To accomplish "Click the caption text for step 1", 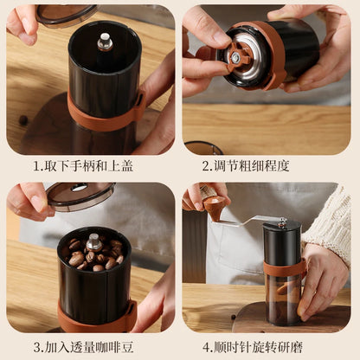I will click(x=89, y=165).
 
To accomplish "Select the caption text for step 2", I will click(x=270, y=165).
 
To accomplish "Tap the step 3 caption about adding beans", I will click(x=89, y=346).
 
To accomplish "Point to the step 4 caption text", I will click(x=270, y=346).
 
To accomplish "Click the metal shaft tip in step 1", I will click(x=105, y=40).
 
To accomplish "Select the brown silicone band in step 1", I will click(x=104, y=119).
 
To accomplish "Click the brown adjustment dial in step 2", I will click(x=235, y=57).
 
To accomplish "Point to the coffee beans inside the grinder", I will click(x=92, y=253).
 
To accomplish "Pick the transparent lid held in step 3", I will click(x=80, y=195).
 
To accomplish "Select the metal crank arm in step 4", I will click(x=247, y=221).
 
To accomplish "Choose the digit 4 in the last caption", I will click(x=207, y=346).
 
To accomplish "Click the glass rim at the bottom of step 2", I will click(x=204, y=147).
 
